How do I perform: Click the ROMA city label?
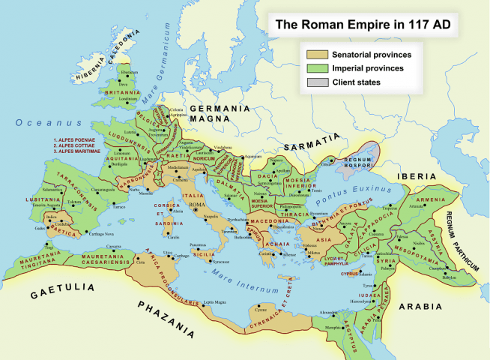pyautogui.click(x=197, y=205)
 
